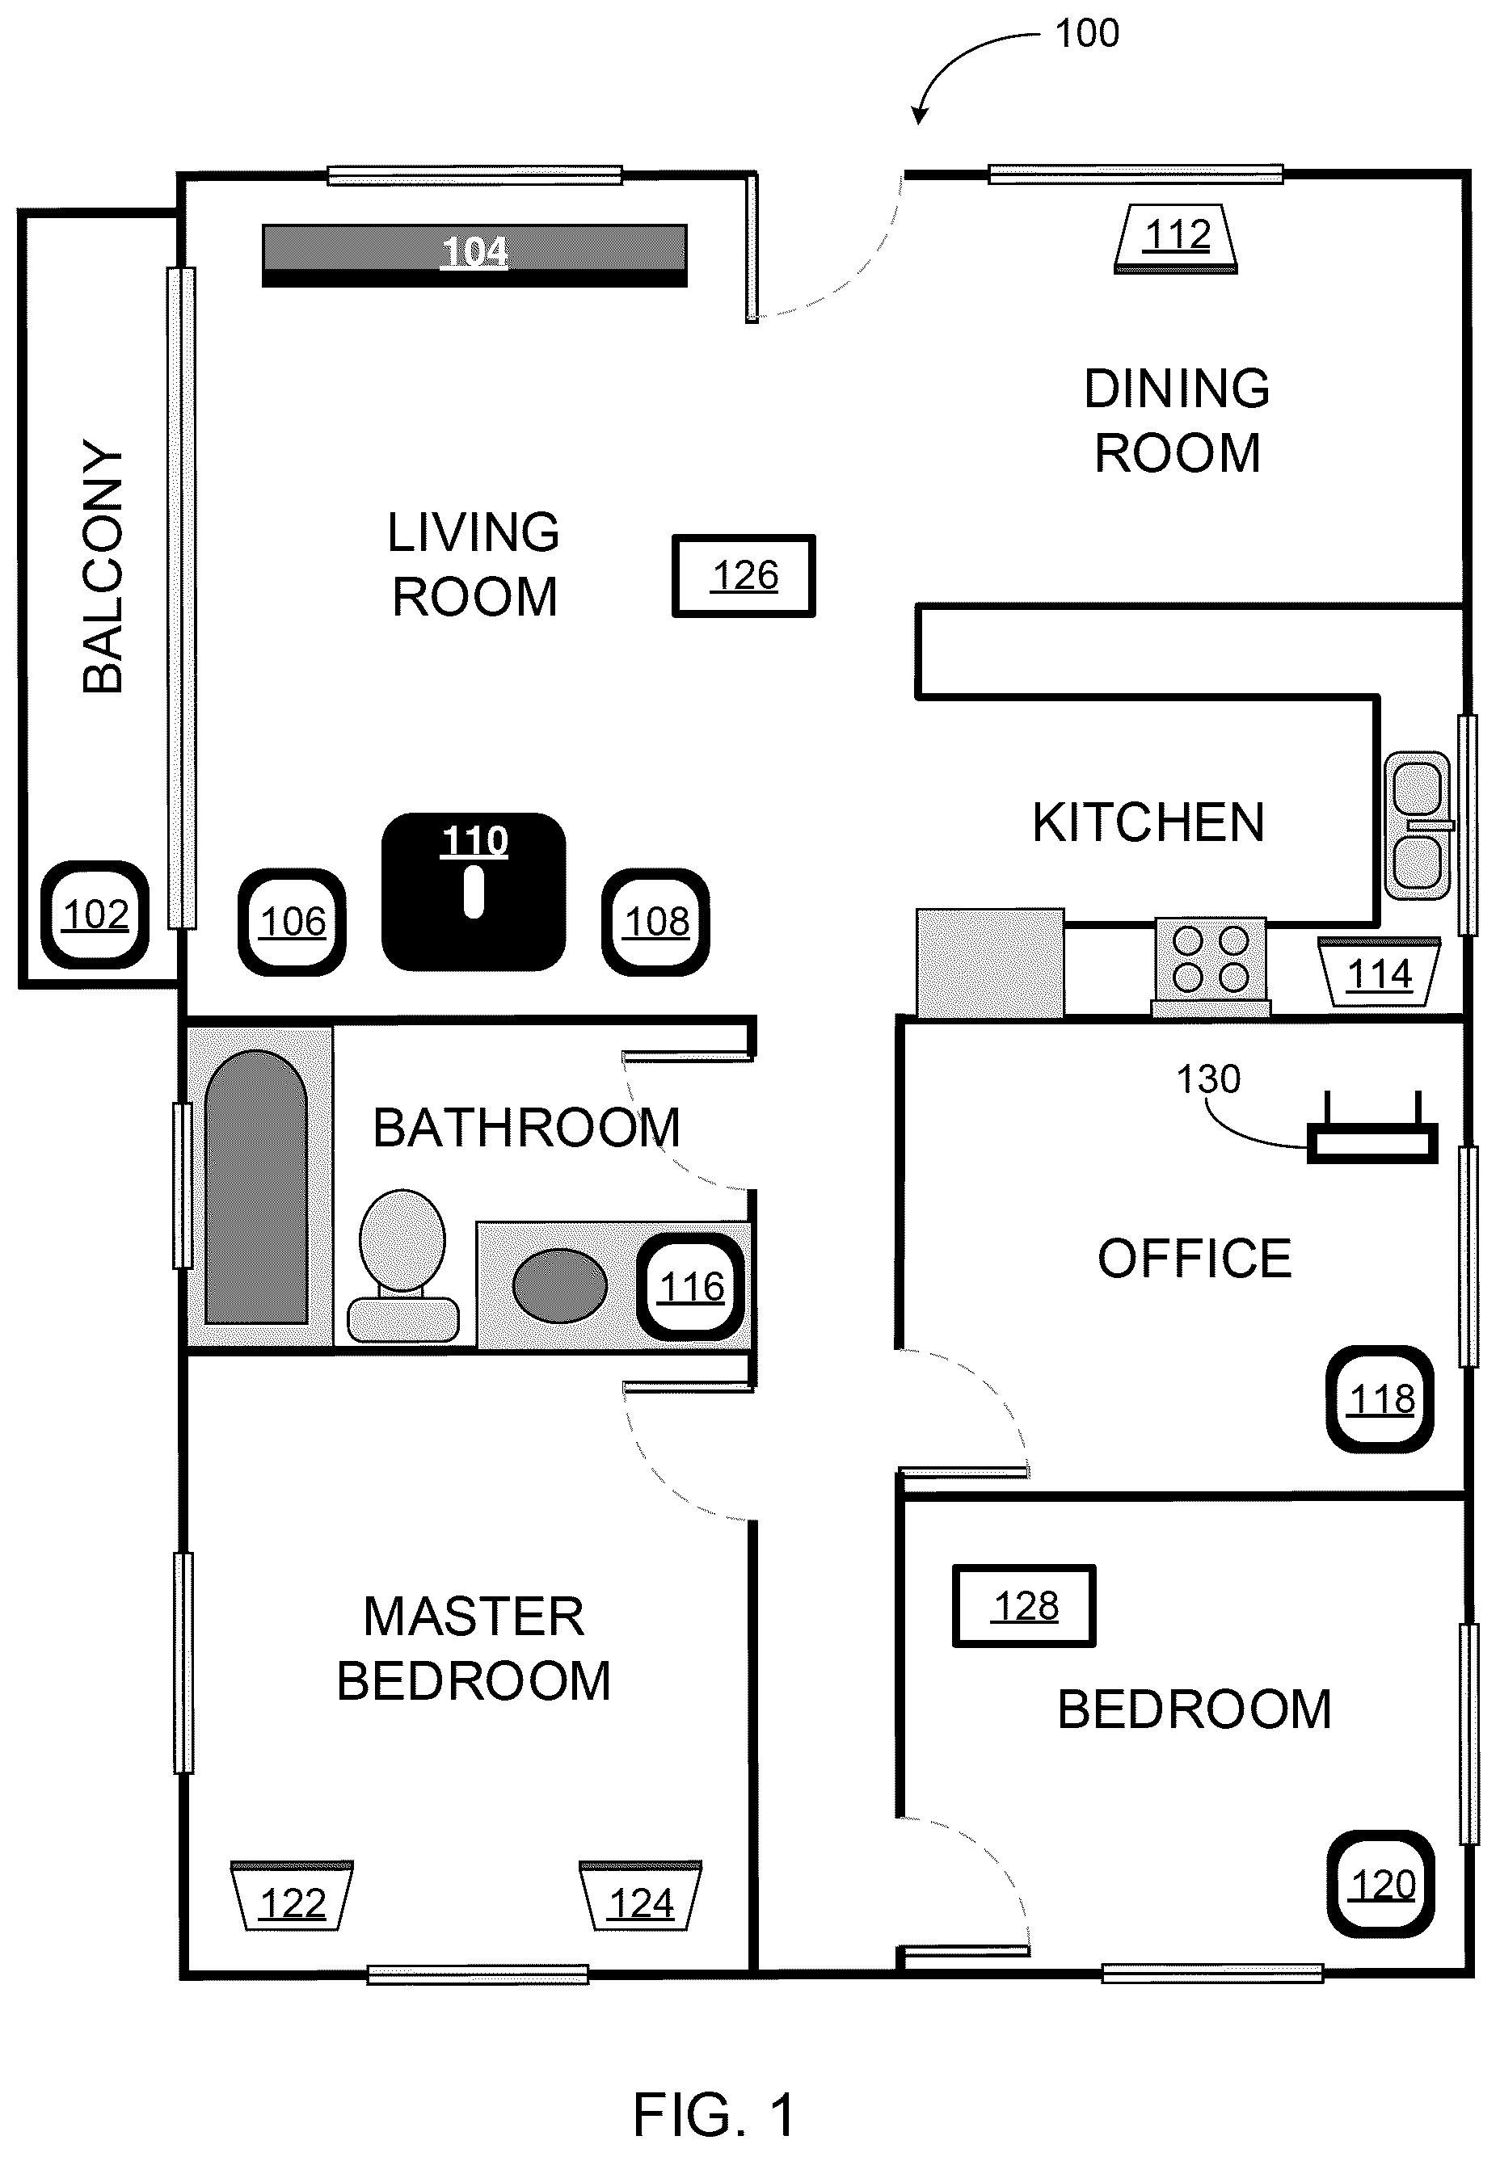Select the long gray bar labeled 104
click(x=474, y=254)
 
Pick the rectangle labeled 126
click(x=744, y=576)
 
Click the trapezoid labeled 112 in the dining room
click(x=1177, y=238)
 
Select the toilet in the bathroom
click(x=403, y=1265)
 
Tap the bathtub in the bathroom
click(x=256, y=1188)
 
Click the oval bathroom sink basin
click(x=560, y=1286)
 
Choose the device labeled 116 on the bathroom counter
click(x=692, y=1287)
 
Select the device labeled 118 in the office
click(x=1380, y=1399)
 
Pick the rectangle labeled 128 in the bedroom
click(x=1025, y=1607)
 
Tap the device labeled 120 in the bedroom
click(x=1380, y=1885)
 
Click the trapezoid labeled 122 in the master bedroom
click(x=293, y=1896)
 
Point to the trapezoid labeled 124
click(x=641, y=1896)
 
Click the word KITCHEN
click(x=1148, y=823)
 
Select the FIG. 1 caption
click(x=714, y=2115)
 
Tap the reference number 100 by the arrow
click(x=1087, y=34)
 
